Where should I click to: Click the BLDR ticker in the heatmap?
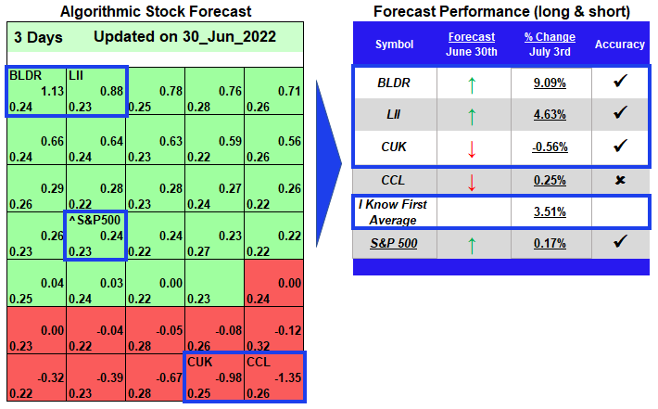26,75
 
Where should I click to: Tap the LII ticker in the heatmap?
76,75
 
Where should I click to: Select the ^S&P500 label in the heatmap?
95,220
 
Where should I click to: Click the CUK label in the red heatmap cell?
200,362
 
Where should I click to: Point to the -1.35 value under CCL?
288,377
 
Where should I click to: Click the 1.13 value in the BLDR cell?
53,91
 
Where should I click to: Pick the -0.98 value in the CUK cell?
229,377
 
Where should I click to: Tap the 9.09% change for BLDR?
550,83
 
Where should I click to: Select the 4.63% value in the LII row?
550,115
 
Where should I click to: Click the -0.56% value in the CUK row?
550,147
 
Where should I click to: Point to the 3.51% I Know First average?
550,212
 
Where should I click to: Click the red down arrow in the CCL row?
472,183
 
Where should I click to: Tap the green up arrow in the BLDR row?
472,84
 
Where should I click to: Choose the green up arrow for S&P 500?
472,246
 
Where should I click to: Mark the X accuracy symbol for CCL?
620,180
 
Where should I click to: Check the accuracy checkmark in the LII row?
620,112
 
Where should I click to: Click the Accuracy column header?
620,45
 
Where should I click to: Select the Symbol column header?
395,45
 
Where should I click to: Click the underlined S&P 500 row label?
394,244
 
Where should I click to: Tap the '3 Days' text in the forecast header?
38,37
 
